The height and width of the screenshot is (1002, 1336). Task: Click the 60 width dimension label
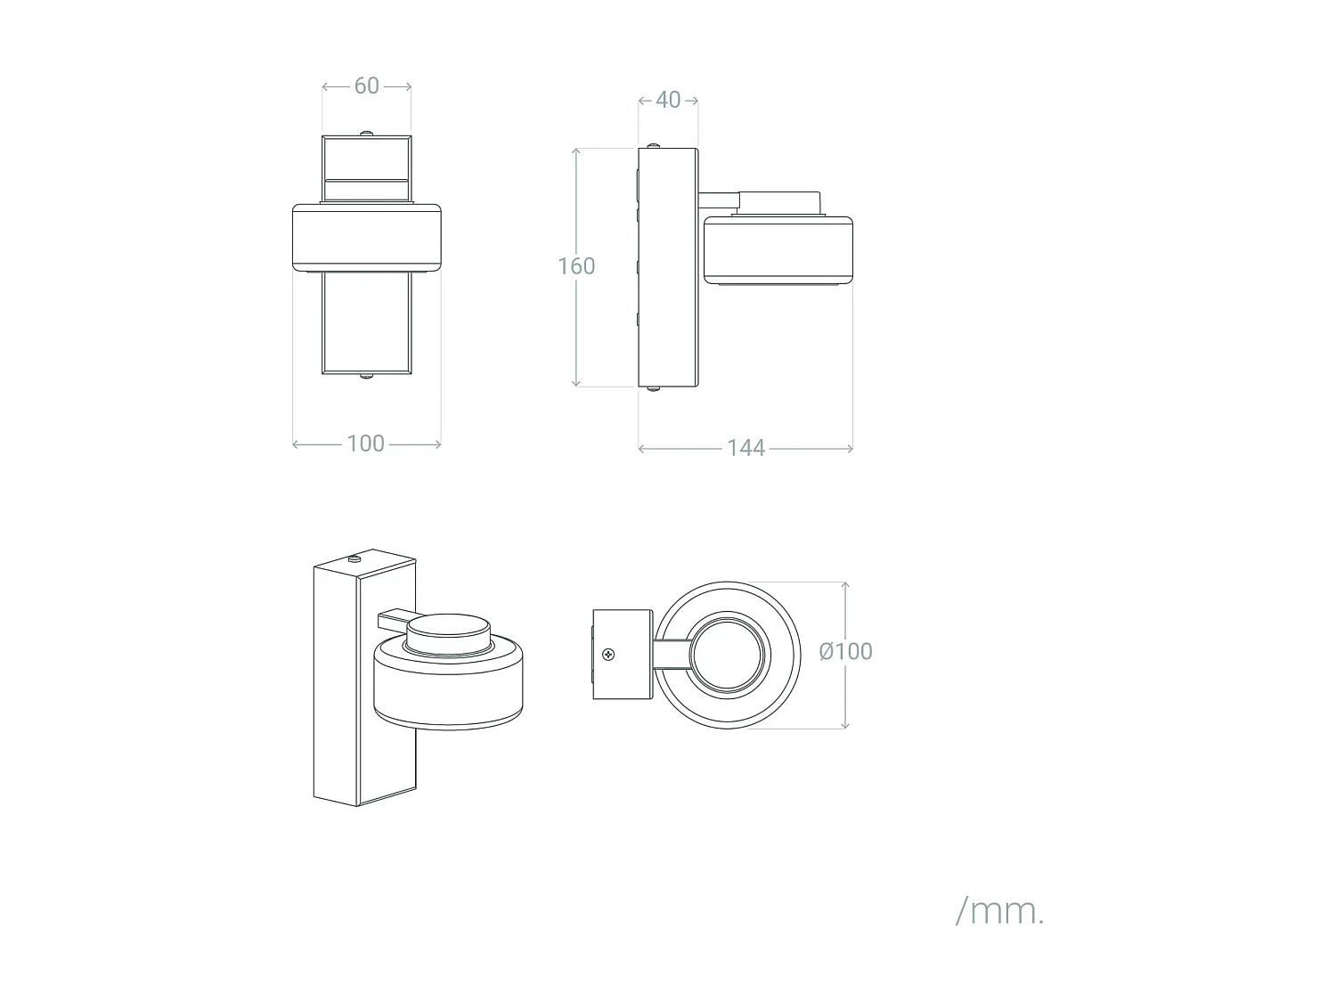click(366, 86)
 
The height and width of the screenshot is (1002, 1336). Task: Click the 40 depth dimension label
click(668, 100)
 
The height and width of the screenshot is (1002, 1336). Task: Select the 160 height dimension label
click(576, 266)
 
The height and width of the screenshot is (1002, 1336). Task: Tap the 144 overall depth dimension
click(745, 448)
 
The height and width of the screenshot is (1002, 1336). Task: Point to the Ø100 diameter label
click(845, 651)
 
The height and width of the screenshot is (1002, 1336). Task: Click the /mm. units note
click(998, 911)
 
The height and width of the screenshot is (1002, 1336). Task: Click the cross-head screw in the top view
click(609, 655)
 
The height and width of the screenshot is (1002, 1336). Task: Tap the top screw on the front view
click(366, 134)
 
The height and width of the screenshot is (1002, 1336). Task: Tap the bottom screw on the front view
click(366, 378)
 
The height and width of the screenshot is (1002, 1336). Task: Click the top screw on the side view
click(655, 144)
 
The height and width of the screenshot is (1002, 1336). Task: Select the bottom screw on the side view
click(655, 389)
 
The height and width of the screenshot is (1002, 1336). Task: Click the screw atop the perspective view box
click(354, 559)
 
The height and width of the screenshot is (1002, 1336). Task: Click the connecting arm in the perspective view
click(392, 616)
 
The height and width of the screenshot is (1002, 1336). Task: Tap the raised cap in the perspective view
click(448, 635)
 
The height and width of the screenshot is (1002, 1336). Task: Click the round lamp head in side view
click(778, 249)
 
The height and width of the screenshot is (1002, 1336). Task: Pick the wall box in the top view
click(623, 655)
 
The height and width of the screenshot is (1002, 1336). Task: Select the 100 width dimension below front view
click(365, 444)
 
